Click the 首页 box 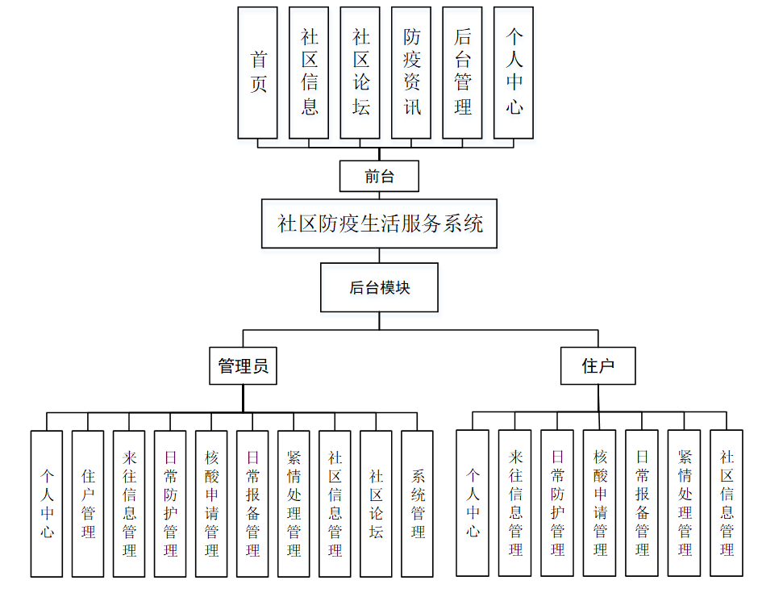click(258, 73)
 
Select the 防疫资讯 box click(412, 73)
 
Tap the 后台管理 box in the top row click(463, 73)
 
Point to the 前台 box click(379, 176)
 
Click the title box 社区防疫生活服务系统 click(379, 223)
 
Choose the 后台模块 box click(379, 287)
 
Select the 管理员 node click(243, 366)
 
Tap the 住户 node click(598, 366)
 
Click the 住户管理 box click(88, 503)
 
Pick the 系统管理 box click(417, 503)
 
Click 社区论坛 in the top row click(360, 73)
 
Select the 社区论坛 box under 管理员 click(376, 503)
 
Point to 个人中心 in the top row click(514, 73)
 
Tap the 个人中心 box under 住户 click(473, 503)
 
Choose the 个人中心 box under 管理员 click(47, 503)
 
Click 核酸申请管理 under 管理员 click(211, 503)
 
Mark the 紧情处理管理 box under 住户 click(685, 503)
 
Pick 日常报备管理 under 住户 click(642, 503)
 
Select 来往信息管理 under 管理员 click(129, 503)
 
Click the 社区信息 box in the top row click(310, 73)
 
